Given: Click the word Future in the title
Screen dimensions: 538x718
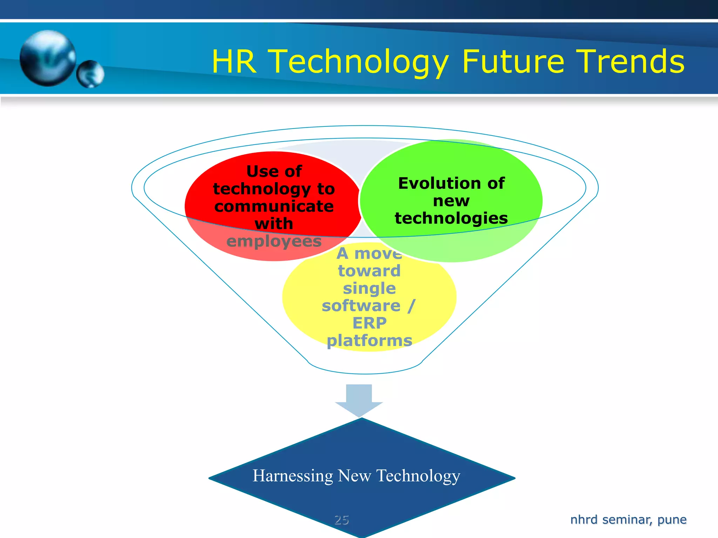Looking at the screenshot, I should tap(513, 62).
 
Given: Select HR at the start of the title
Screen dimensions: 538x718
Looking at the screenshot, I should tap(234, 62).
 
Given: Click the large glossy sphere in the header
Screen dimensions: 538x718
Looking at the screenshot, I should tap(48, 58).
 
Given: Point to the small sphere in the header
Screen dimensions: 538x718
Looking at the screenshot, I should tap(90, 74).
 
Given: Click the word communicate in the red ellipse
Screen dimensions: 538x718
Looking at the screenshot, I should tap(274, 206).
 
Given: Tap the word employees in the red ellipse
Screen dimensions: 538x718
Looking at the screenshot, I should tap(274, 241).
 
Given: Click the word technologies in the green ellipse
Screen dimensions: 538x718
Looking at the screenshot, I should tap(451, 218).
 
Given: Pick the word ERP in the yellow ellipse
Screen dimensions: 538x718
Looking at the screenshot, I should tap(369, 323).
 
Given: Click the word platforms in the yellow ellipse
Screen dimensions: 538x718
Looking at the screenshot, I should tap(369, 340).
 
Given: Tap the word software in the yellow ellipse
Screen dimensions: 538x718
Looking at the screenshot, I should tap(361, 305).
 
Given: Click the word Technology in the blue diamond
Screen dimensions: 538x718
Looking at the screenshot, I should tap(418, 476).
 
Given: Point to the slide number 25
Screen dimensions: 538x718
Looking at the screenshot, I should tap(341, 519).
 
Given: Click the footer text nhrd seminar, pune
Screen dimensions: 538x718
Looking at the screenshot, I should tap(628, 519).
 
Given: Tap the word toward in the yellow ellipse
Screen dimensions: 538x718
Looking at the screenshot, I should tap(369, 271).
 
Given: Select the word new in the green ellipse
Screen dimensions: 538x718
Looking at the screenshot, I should tap(451, 201).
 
